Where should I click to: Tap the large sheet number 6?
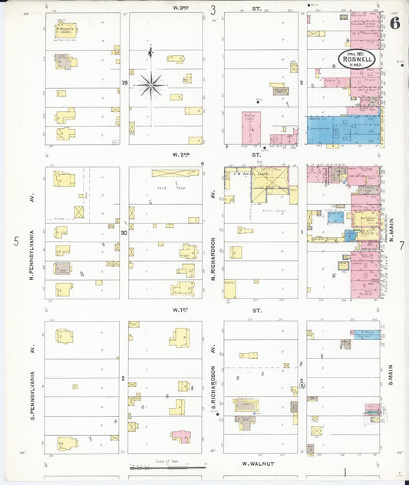394,22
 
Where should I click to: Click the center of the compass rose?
150,84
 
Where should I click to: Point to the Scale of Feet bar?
167,467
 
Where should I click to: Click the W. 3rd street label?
182,8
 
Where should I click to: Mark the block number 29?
124,82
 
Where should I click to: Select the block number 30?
124,231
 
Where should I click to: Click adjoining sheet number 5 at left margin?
15,242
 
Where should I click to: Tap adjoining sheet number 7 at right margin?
401,246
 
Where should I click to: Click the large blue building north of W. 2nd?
342,130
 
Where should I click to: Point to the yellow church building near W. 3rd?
65,31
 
